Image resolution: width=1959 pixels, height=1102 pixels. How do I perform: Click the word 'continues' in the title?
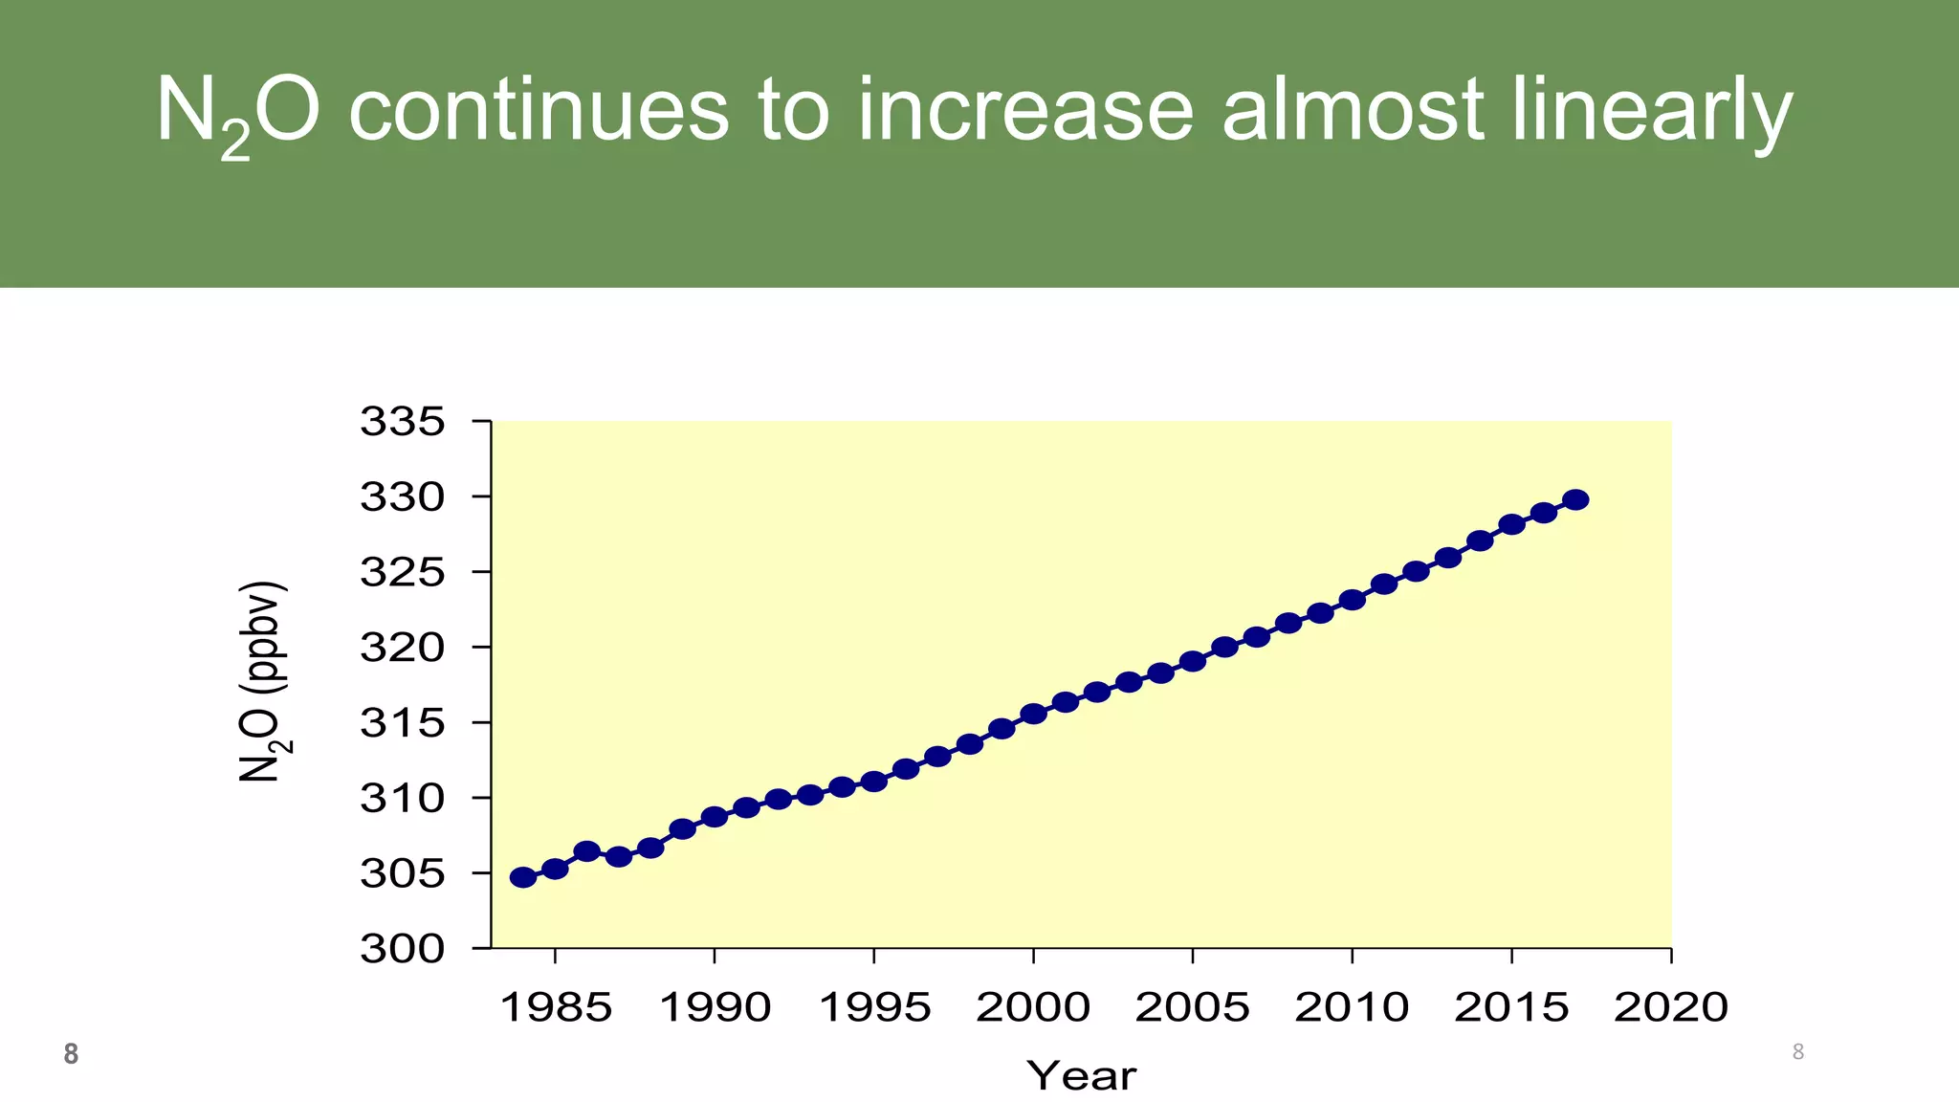click(539, 111)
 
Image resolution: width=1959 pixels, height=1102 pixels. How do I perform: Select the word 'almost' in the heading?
click(1353, 111)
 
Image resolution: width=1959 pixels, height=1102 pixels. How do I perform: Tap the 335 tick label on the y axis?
click(403, 421)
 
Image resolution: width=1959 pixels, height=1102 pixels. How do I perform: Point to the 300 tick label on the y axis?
click(403, 949)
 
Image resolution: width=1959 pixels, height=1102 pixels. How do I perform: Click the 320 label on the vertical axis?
click(403, 648)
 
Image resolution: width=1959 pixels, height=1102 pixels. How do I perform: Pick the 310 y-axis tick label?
click(403, 798)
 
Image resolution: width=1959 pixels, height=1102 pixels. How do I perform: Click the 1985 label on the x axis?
click(556, 1007)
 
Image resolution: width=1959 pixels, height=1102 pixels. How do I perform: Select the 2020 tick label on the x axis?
click(1671, 1007)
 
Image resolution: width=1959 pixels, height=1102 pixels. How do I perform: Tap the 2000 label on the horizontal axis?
click(1033, 1007)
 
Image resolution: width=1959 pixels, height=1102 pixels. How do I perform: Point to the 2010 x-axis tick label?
click(1352, 1007)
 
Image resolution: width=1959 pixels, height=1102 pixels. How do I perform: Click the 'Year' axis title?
click(1082, 1076)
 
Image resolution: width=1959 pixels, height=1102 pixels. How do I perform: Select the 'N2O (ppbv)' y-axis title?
click(261, 682)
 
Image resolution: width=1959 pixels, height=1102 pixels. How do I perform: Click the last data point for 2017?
click(1575, 499)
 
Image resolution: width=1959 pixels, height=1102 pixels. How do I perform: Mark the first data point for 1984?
click(523, 877)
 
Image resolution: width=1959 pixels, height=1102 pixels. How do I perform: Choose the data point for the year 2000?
click(1033, 714)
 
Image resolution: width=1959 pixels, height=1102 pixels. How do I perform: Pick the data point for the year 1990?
click(715, 817)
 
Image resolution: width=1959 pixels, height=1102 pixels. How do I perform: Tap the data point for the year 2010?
click(1352, 600)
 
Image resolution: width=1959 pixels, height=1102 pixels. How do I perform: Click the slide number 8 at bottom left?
click(71, 1054)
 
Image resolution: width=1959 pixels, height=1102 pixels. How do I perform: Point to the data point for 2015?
click(1511, 524)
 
